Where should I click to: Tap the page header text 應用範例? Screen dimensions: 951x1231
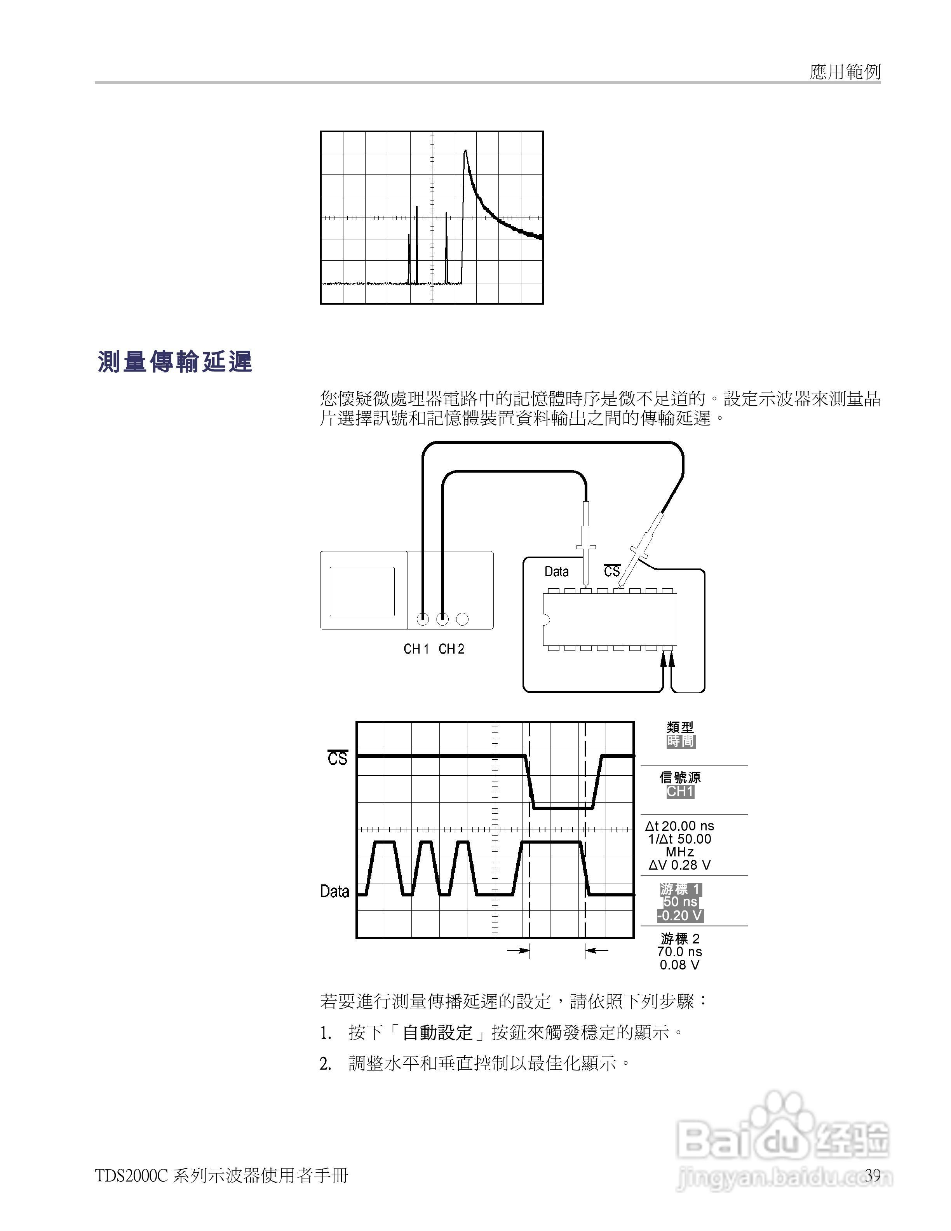tap(845, 71)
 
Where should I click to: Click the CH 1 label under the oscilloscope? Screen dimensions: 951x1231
tap(416, 649)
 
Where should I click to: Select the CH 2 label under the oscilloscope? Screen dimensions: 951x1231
tap(451, 649)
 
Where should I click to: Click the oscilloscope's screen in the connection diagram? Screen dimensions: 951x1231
tap(362, 591)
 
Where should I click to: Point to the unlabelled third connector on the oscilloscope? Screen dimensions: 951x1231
tap(462, 619)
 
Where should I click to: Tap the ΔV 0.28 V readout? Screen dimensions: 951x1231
tap(679, 865)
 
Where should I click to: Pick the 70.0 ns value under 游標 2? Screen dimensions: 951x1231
tap(679, 952)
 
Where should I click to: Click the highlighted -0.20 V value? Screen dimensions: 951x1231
tap(680, 915)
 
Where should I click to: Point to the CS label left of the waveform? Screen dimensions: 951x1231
tap(338, 758)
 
